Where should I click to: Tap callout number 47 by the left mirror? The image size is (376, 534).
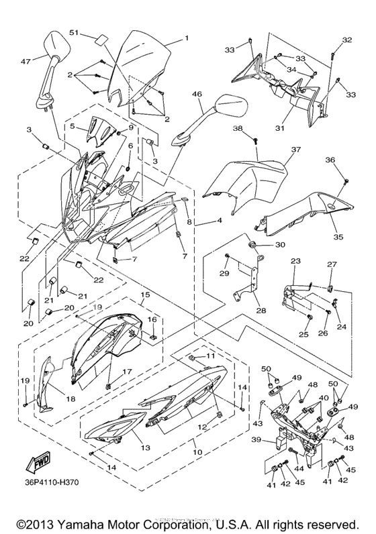coord(26,61)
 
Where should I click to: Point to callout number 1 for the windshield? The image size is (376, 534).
coord(186,38)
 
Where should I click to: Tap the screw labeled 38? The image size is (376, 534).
coord(256,140)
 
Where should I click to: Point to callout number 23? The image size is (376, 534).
coord(295,260)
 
